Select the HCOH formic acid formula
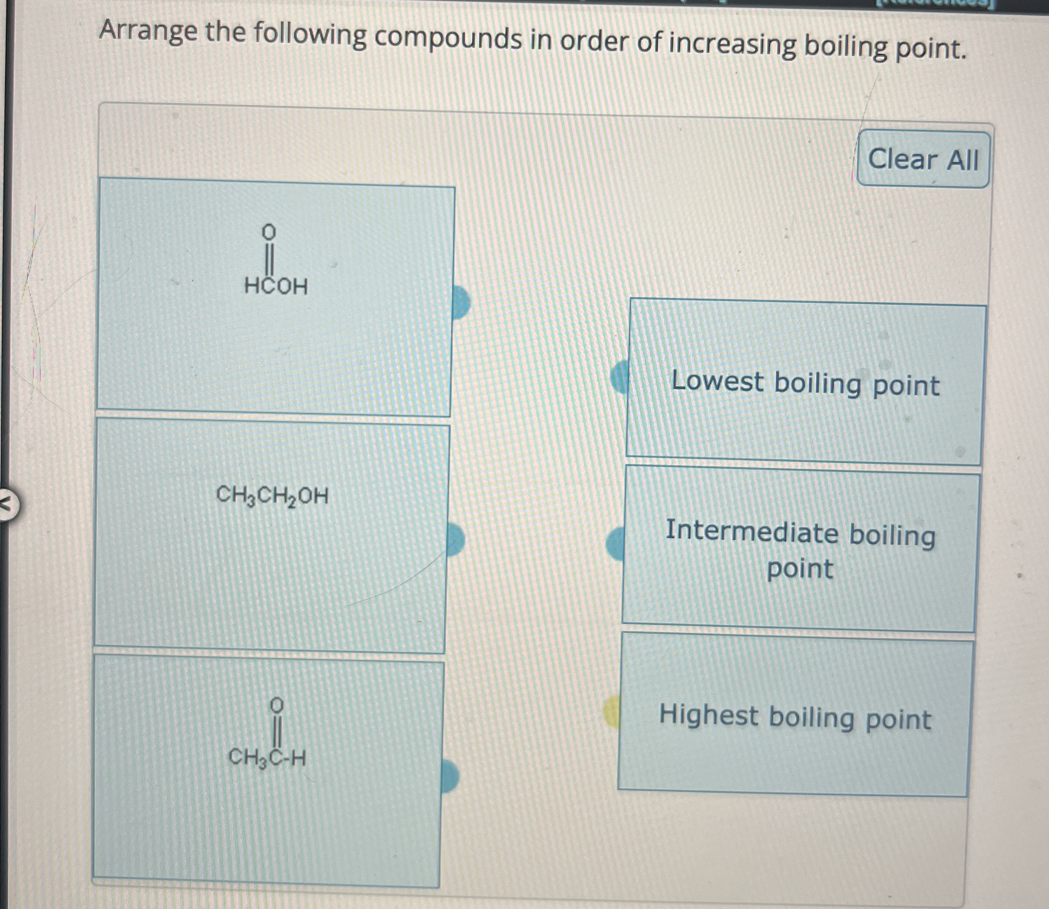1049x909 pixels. coord(276,287)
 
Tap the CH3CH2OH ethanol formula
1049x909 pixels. coord(272,495)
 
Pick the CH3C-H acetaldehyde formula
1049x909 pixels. coord(267,758)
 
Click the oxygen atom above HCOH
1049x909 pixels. coord(269,232)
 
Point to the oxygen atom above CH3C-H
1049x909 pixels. coord(277,704)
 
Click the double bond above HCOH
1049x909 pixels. coord(269,259)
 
